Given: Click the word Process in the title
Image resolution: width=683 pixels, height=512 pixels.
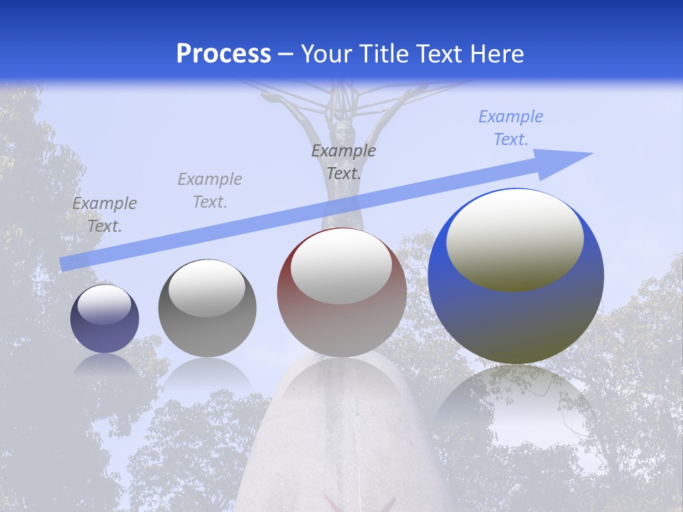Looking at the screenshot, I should point(223,54).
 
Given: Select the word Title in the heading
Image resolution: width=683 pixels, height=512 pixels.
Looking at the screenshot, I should point(383,54).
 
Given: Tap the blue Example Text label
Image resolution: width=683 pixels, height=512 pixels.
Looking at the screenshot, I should point(510,128).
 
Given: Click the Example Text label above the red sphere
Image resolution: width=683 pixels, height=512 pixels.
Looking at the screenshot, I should point(344,161).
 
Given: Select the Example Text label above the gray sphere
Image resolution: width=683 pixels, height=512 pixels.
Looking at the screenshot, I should point(210,190).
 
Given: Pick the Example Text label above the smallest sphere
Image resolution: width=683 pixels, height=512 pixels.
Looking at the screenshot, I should point(105,214).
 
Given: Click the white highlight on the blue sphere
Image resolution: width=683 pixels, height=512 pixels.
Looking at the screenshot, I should point(514,240).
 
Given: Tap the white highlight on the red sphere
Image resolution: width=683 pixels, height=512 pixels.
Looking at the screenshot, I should point(341,267).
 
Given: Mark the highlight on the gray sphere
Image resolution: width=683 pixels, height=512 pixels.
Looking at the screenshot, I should point(207,288).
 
